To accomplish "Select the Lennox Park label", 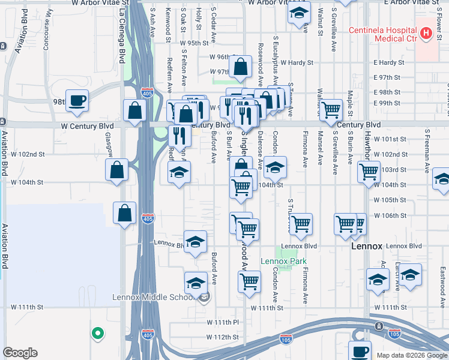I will [x=283, y=261].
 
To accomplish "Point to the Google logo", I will [x=20, y=353].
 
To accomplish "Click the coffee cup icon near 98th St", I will [x=77, y=100].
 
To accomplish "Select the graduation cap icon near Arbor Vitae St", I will [x=298, y=13].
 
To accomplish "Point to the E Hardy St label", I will [x=388, y=62].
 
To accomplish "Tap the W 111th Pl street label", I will [x=223, y=322].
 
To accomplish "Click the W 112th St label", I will [x=223, y=337].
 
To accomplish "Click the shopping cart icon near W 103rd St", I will [x=369, y=171].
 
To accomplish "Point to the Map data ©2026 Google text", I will [x=412, y=355].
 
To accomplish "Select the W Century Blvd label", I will [x=88, y=127].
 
